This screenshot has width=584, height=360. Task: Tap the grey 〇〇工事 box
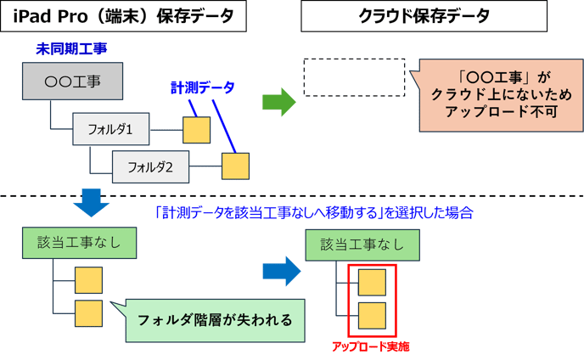coord(72,82)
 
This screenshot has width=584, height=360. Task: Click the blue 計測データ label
coord(202,87)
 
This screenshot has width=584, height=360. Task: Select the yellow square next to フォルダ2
coord(235,166)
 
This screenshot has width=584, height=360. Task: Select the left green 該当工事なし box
coord(79,243)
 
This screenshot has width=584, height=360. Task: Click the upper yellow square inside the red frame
coord(372,280)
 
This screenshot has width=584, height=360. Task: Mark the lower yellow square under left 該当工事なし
coord(88,312)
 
